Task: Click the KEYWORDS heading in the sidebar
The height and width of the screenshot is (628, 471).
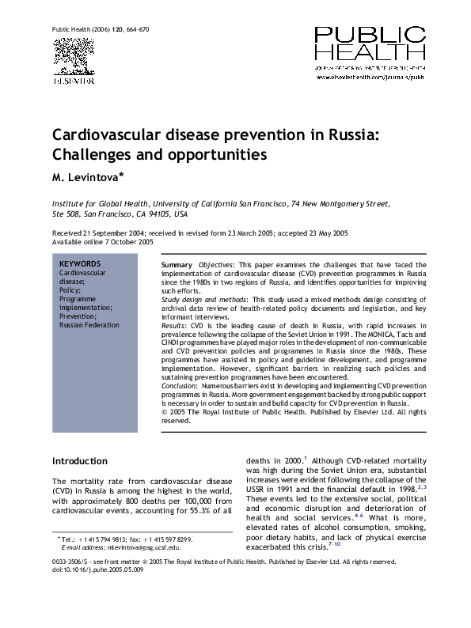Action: pyautogui.click(x=80, y=263)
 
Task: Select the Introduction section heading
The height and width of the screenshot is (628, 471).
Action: pyautogui.click(x=79, y=460)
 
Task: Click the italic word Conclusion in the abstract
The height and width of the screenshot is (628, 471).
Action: pyautogui.click(x=181, y=385)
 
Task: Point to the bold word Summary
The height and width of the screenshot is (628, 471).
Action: pyautogui.click(x=176, y=263)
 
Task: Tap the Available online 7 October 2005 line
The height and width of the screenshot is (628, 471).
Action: pyautogui.click(x=102, y=242)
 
